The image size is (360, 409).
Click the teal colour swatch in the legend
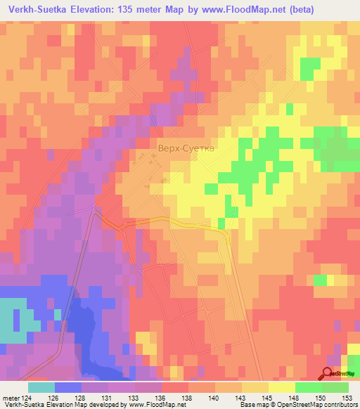tap(41, 387)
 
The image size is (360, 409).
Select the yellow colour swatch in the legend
tap(281, 387)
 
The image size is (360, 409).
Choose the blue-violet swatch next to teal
tap(67, 387)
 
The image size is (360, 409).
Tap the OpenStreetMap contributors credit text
tap(316, 405)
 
